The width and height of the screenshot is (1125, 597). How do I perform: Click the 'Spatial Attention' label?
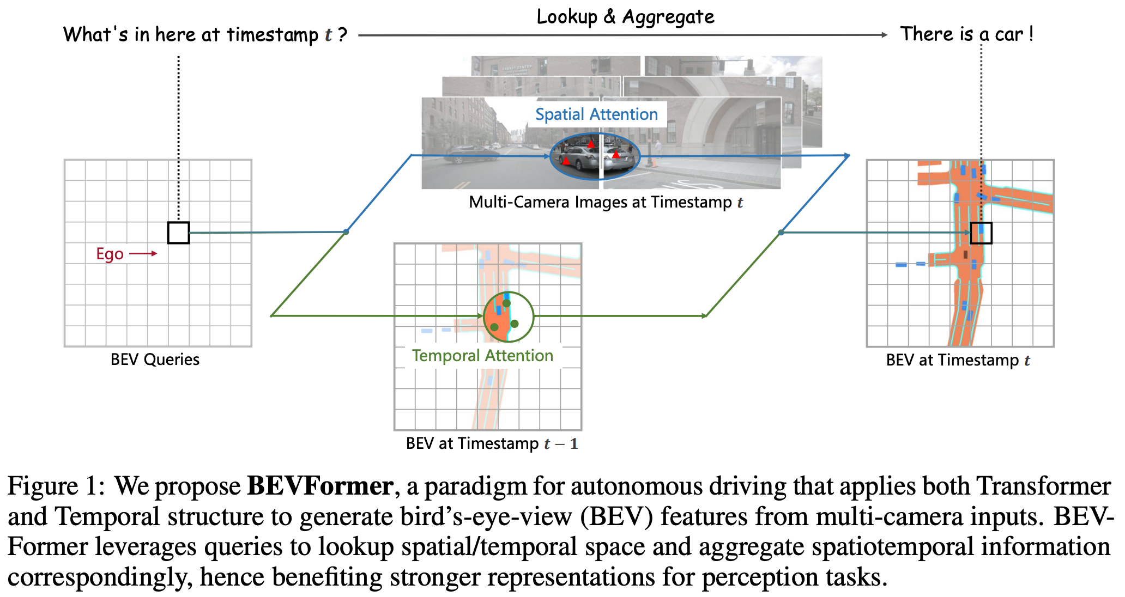click(596, 114)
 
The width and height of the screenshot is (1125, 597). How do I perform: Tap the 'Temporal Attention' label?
click(482, 356)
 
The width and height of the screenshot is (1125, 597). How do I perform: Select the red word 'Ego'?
click(110, 254)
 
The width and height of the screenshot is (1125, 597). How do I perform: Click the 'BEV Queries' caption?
click(155, 360)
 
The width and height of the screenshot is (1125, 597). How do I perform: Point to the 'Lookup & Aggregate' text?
click(625, 17)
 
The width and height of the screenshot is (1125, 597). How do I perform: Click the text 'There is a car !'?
click(966, 34)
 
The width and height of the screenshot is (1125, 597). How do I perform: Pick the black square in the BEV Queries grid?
click(178, 233)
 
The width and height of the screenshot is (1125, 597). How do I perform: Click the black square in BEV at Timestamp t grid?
click(981, 233)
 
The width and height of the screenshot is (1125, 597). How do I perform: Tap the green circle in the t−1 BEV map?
click(509, 316)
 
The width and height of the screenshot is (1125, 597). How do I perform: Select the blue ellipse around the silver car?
click(595, 156)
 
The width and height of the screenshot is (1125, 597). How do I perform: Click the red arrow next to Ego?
click(143, 253)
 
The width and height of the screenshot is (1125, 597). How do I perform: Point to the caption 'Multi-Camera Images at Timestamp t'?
click(606, 203)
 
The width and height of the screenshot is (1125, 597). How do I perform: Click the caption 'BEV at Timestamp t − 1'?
click(492, 443)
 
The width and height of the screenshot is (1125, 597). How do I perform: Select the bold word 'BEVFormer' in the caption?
click(320, 486)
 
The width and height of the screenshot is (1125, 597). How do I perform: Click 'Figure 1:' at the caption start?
click(56, 486)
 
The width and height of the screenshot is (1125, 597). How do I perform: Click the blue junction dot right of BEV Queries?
click(346, 232)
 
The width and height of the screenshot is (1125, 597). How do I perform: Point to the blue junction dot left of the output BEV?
click(781, 233)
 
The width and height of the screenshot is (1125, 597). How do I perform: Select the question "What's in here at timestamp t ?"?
click(205, 35)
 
